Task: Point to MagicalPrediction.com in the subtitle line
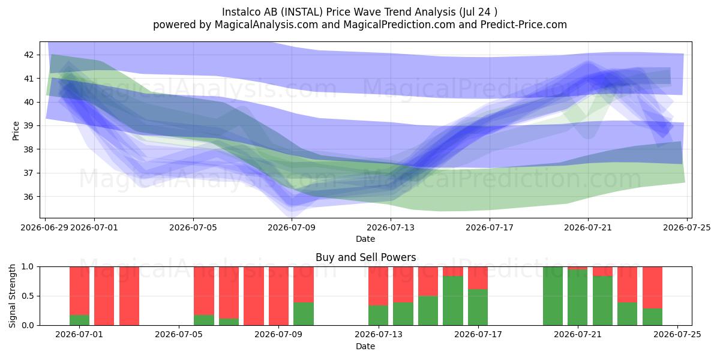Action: click(399, 25)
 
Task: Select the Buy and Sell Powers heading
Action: click(366, 257)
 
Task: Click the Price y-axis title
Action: click(16, 131)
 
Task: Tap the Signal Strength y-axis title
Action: click(12, 296)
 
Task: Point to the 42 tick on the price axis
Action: click(29, 55)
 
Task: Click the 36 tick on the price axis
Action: click(29, 197)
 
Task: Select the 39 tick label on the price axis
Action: click(29, 125)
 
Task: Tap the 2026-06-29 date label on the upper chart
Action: click(44, 228)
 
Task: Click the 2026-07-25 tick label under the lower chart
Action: click(677, 335)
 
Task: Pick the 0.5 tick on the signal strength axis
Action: click(28, 296)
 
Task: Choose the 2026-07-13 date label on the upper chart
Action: click(391, 228)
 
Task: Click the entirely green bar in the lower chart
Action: click(553, 296)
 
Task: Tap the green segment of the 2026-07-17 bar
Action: click(478, 307)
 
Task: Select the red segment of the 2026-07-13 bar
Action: click(379, 286)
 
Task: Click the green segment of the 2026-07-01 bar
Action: click(79, 320)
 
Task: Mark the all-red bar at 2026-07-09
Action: click(278, 296)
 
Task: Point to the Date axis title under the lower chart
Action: click(365, 347)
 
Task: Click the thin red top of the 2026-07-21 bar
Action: click(577, 268)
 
